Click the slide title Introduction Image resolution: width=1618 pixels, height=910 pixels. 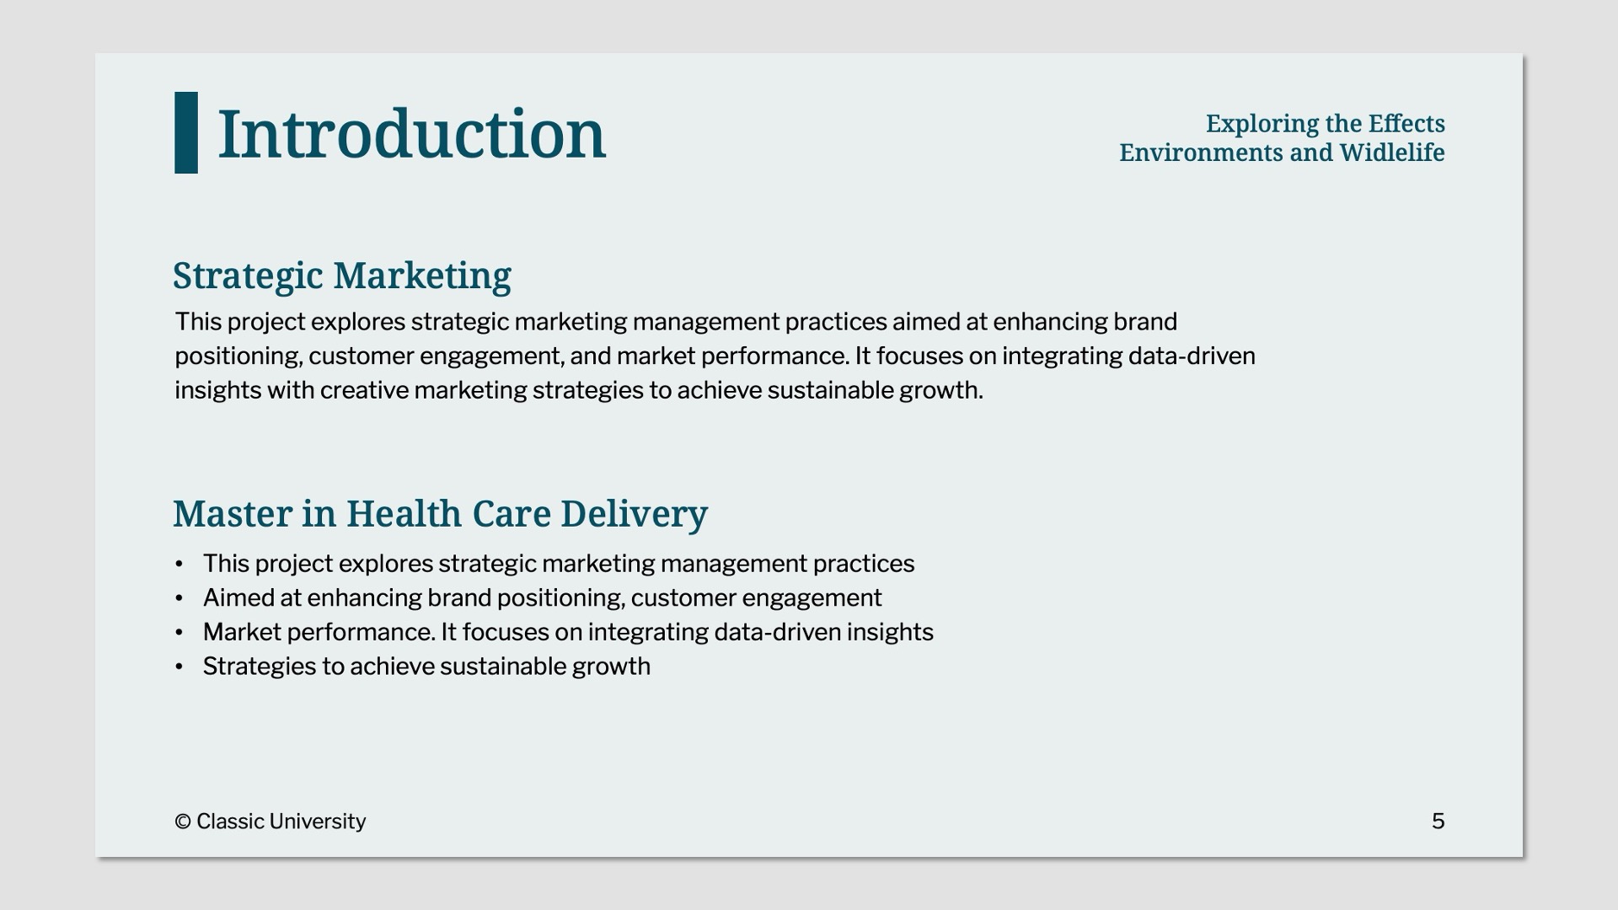click(x=411, y=134)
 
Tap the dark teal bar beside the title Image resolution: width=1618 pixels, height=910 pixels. click(x=186, y=132)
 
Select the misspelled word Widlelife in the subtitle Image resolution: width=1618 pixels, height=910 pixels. click(x=1392, y=153)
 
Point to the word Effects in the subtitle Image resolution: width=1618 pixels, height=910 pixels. click(x=1406, y=124)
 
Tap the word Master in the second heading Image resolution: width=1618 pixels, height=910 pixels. click(x=233, y=514)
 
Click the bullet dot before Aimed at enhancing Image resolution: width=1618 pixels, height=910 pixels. click(x=179, y=598)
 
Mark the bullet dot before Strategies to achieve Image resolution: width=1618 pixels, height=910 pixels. click(x=179, y=666)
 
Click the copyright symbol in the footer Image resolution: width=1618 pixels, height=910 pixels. click(x=183, y=822)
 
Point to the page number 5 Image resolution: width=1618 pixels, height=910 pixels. click(x=1438, y=822)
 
